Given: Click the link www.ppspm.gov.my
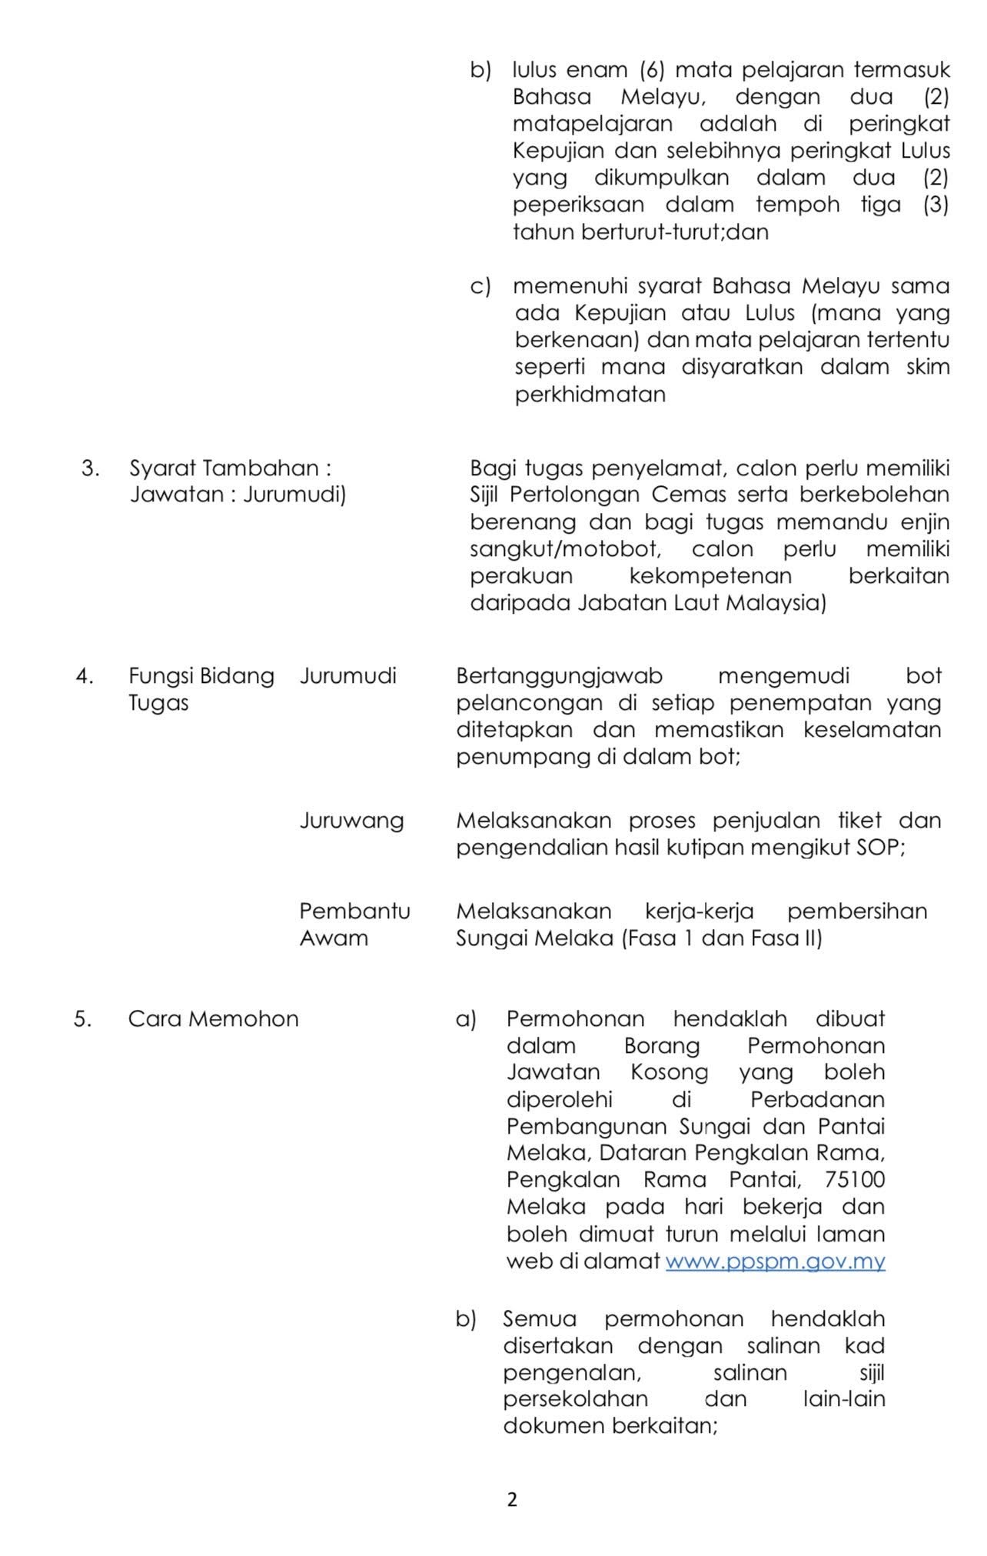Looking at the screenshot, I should pos(775,1261).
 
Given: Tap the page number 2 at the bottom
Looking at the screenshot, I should pos(512,1499).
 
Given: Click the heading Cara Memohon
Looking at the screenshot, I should pos(213,1018).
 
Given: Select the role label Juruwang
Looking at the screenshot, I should pos(351,820).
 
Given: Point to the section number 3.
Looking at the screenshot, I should pos(90,468).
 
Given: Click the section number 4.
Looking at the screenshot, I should pos(85,676).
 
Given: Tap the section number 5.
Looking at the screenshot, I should pos(83,1018).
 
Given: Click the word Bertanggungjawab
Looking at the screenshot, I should pos(559,676).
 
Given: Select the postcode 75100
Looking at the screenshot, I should pos(854,1179).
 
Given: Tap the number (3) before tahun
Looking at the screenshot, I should pos(935,205).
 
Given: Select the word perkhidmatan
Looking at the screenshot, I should pos(590,395).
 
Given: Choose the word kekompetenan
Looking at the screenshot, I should pos(710,576).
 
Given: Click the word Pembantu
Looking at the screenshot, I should pos(354,911).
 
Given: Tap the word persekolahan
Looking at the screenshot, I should pos(575,1398).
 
